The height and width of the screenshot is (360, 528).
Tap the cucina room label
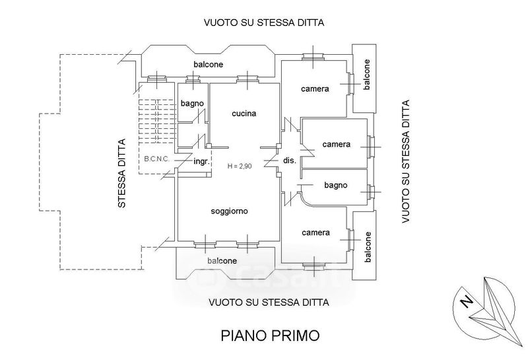244,114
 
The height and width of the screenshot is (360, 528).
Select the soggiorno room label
229,212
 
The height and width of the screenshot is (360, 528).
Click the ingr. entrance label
201,161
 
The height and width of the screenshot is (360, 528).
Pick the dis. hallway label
289,161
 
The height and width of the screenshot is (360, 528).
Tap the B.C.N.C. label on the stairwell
157,160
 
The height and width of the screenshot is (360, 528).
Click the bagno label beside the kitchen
192,103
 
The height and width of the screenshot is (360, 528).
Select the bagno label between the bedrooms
335,186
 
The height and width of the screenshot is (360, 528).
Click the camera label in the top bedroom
315,89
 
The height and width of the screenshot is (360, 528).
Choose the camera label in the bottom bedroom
315,233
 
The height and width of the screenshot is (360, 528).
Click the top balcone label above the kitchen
208,64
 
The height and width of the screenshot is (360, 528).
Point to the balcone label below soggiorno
222,261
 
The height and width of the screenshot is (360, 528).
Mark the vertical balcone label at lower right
368,245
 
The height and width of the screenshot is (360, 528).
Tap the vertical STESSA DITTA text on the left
121,173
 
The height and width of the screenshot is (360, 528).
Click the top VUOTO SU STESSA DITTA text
265,23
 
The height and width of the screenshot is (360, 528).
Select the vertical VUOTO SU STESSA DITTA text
405,161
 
